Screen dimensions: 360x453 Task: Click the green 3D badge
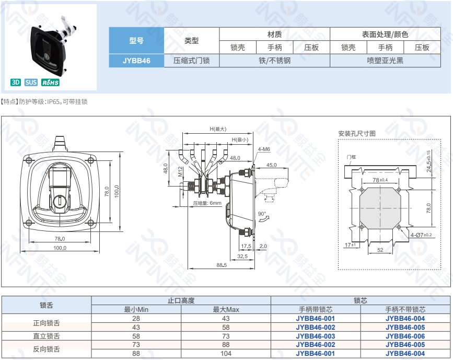pos(16,82)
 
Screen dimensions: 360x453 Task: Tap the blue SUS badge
pos(31,82)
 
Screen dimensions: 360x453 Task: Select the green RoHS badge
pos(51,82)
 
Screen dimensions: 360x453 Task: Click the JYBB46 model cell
pos(136,61)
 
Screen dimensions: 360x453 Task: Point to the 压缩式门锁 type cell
pos(191,61)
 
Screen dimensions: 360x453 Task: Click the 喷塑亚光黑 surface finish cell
pos(385,61)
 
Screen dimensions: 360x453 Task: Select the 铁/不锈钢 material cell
pos(274,61)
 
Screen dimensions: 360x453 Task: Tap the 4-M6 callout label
pos(263,149)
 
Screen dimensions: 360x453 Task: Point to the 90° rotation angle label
pos(262,214)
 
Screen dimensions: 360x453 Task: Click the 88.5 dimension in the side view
pos(222,265)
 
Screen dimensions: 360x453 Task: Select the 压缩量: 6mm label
pos(207,203)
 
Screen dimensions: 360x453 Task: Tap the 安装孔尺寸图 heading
pos(357,134)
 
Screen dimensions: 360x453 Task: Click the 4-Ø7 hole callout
pos(421,235)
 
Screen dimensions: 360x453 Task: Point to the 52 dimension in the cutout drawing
pos(380,250)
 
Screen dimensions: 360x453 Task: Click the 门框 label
pos(351,157)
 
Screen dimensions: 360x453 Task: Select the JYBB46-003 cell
pos(315,336)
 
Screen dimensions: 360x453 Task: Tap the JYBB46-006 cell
pos(405,336)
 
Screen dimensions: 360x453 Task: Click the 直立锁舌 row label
pos(47,336)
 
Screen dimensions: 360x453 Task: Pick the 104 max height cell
pos(226,354)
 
